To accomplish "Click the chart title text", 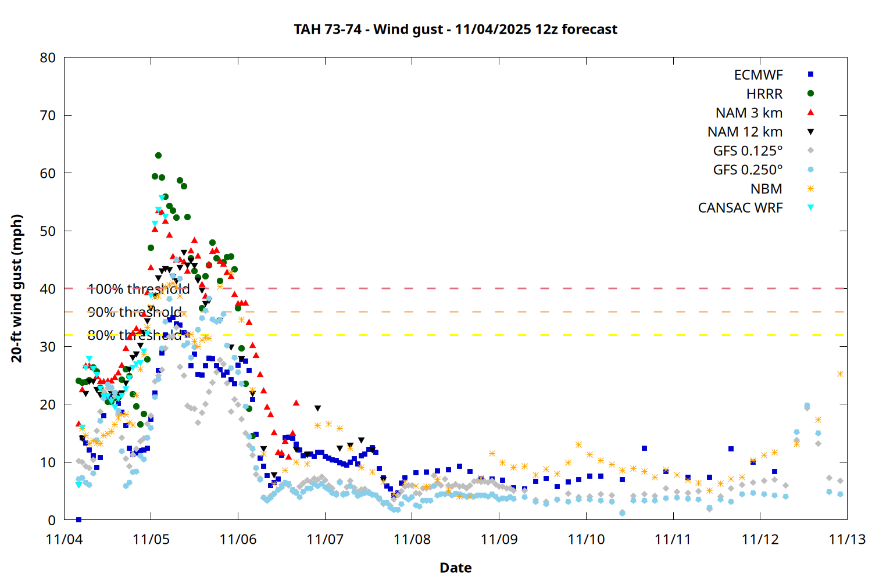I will pyautogui.click(x=455, y=29).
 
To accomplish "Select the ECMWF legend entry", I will pyautogui.click(x=758, y=75).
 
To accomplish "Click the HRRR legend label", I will pyautogui.click(x=764, y=94).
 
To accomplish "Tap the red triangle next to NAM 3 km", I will pyautogui.click(x=810, y=113).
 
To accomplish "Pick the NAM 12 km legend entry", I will pyautogui.click(x=745, y=132).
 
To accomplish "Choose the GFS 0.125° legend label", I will pyautogui.click(x=748, y=151).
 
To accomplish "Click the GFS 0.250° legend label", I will pyautogui.click(x=748, y=170).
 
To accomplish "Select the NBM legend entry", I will pyautogui.click(x=766, y=189).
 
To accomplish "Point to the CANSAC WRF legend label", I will pyautogui.click(x=740, y=208).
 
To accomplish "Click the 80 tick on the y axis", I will pyautogui.click(x=48, y=58).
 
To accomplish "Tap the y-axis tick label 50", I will pyautogui.click(x=48, y=231).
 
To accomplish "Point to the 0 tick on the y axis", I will pyautogui.click(x=52, y=520).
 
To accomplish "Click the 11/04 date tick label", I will pyautogui.click(x=64, y=539).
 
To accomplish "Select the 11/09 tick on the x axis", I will pyautogui.click(x=499, y=539).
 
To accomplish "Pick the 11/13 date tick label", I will pyautogui.click(x=847, y=539).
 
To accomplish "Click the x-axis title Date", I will pyautogui.click(x=455, y=568).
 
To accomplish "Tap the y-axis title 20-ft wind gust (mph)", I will pyautogui.click(x=17, y=288).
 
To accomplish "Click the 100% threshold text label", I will pyautogui.click(x=138, y=289).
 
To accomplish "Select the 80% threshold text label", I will pyautogui.click(x=134, y=335).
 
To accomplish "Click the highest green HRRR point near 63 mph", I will pyautogui.click(x=158, y=156).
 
